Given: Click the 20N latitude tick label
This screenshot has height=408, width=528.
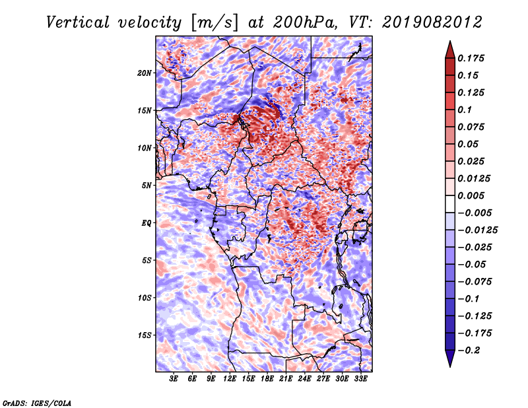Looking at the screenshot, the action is [x=145, y=73].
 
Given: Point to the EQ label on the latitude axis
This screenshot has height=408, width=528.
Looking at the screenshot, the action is [x=147, y=223].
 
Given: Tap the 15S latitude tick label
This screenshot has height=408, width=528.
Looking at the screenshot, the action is [x=145, y=335].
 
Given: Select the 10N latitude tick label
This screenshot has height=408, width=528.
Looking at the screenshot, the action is [x=145, y=148].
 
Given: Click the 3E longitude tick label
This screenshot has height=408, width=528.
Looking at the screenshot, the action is [x=174, y=379].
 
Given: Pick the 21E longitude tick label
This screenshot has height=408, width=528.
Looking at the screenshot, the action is [x=286, y=379].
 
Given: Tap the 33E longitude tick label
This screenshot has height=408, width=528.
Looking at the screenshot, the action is [x=360, y=379].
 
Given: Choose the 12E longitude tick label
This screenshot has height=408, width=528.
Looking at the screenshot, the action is [x=230, y=379].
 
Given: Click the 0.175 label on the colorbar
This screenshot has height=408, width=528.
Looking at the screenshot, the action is [x=471, y=58].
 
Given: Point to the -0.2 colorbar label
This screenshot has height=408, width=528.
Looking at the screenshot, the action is [x=469, y=351].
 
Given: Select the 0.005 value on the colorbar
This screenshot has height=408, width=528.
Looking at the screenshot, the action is [x=471, y=195].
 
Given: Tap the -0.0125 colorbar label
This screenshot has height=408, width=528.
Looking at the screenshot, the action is [x=477, y=230].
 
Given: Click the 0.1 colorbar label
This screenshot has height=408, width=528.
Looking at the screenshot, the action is [x=465, y=110].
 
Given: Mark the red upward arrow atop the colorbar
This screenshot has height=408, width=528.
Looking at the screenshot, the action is [x=450, y=50].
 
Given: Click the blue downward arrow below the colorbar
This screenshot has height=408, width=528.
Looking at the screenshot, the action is [x=450, y=358].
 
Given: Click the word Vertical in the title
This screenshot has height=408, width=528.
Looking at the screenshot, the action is [x=77, y=22].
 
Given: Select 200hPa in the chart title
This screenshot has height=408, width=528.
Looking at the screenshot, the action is [x=304, y=22].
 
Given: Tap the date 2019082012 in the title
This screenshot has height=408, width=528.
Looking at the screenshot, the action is [x=432, y=22].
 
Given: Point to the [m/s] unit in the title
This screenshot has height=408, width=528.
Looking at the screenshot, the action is [x=214, y=23].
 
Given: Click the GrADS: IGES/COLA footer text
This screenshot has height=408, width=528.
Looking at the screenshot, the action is [x=37, y=403].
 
